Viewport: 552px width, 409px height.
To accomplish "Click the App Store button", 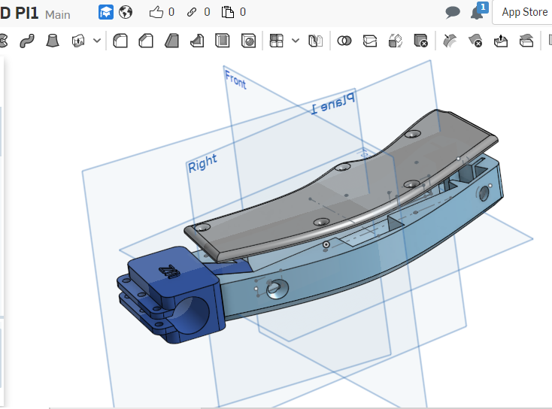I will click(x=524, y=12).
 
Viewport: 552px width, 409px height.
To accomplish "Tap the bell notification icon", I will click(x=476, y=12).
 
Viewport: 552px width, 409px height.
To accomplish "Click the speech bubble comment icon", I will click(x=453, y=12).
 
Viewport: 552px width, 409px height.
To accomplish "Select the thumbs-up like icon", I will click(x=156, y=12).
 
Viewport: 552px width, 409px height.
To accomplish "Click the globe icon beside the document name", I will click(x=126, y=12).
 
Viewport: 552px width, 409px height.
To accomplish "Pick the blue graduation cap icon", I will click(x=106, y=12).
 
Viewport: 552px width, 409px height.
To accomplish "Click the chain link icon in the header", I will click(x=193, y=12).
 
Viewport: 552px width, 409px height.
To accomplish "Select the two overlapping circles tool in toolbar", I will click(x=344, y=41).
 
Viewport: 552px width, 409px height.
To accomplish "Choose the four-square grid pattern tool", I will click(x=277, y=41).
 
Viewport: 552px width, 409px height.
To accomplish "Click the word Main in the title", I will click(x=58, y=14).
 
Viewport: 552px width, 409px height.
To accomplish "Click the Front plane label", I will click(x=235, y=80).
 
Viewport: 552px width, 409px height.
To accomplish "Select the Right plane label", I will click(x=202, y=162).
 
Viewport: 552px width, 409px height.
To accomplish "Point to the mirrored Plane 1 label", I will click(x=334, y=104).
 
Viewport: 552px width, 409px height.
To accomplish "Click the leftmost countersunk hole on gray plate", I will click(x=202, y=226).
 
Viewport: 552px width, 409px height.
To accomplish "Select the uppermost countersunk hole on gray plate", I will click(x=411, y=134).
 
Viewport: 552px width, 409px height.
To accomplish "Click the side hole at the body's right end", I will click(x=481, y=193).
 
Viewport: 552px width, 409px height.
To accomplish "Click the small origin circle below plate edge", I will click(x=326, y=244).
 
